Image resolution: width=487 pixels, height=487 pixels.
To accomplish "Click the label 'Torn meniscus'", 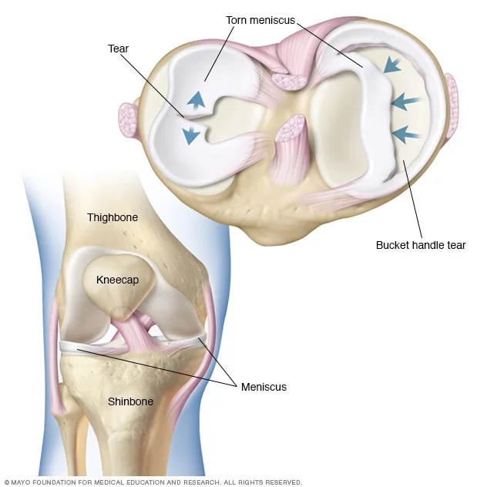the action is pyautogui.click(x=260, y=21).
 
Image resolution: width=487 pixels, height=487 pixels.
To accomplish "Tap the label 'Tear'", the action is pyautogui.click(x=118, y=49).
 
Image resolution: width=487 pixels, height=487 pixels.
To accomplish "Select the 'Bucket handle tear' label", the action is pyautogui.click(x=421, y=245).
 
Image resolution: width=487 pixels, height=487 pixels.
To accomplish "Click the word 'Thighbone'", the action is pyautogui.click(x=113, y=217).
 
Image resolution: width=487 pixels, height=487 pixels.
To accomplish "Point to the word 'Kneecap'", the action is pyautogui.click(x=117, y=280).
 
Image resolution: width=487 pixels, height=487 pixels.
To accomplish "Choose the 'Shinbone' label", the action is pyautogui.click(x=130, y=401).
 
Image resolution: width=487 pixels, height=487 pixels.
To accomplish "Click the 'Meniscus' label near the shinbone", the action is pyautogui.click(x=264, y=387).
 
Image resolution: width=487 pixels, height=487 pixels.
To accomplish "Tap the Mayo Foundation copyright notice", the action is pyautogui.click(x=153, y=482).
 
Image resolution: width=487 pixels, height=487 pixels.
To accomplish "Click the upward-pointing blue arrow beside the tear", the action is pyautogui.click(x=196, y=100).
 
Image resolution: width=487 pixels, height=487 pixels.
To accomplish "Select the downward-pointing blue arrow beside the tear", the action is pyautogui.click(x=191, y=136).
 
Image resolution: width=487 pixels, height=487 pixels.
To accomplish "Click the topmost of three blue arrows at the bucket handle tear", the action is pyautogui.click(x=392, y=65).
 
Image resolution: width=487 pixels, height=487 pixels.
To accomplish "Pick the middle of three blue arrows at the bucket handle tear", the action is pyautogui.click(x=405, y=102).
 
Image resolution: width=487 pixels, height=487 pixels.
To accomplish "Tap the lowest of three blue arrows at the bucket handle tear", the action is pyautogui.click(x=406, y=135).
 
